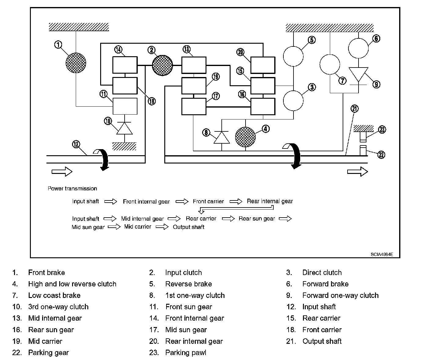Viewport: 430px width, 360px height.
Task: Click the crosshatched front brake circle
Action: [x=76, y=63]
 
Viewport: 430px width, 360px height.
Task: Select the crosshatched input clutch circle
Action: [x=162, y=65]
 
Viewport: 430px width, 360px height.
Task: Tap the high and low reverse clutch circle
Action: [x=245, y=137]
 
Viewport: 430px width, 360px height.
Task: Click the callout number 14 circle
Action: [x=118, y=50]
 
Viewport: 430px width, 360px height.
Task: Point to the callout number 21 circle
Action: [x=355, y=108]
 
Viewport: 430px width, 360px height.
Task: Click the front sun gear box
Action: [x=125, y=106]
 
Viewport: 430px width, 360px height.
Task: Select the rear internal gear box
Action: [x=263, y=65]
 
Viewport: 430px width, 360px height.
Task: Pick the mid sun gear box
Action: [x=194, y=107]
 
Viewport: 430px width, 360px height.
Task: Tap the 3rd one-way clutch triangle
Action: [x=124, y=128]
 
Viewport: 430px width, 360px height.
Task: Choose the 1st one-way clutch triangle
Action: [x=222, y=137]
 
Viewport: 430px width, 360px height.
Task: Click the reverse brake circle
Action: [x=293, y=56]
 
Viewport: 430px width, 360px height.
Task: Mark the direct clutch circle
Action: [x=293, y=101]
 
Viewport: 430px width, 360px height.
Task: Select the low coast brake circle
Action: [x=330, y=64]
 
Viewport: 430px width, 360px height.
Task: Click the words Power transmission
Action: [x=72, y=188]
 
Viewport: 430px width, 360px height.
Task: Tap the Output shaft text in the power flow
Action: [x=188, y=227]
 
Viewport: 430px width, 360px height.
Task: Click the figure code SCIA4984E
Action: [x=382, y=254]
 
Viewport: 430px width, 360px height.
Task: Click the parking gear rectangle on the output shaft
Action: [x=363, y=150]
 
